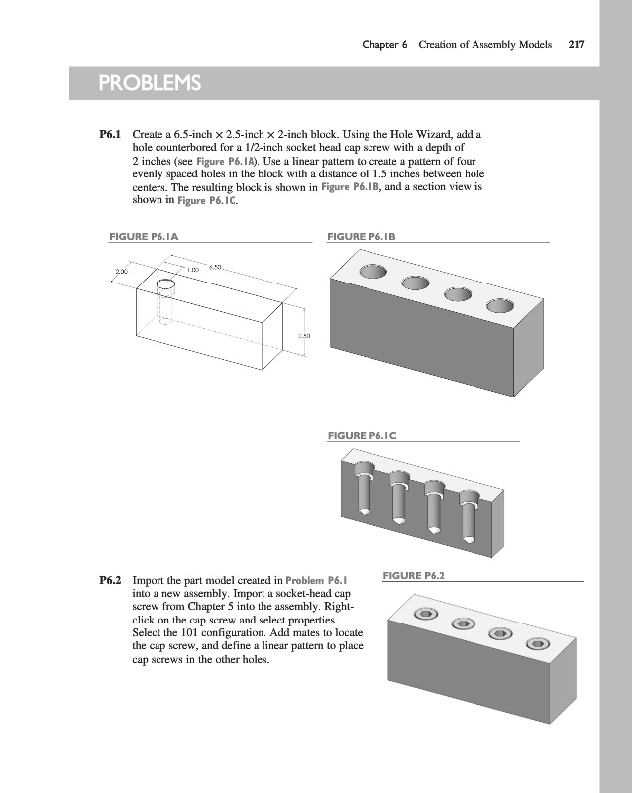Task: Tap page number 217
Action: (x=576, y=44)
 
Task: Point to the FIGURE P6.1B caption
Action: (x=362, y=237)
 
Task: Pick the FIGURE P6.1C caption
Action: (x=362, y=435)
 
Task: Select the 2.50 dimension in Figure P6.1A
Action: (x=305, y=337)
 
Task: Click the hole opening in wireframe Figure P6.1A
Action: (x=165, y=284)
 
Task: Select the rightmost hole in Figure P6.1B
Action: (x=499, y=305)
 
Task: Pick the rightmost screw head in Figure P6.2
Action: (x=537, y=644)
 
